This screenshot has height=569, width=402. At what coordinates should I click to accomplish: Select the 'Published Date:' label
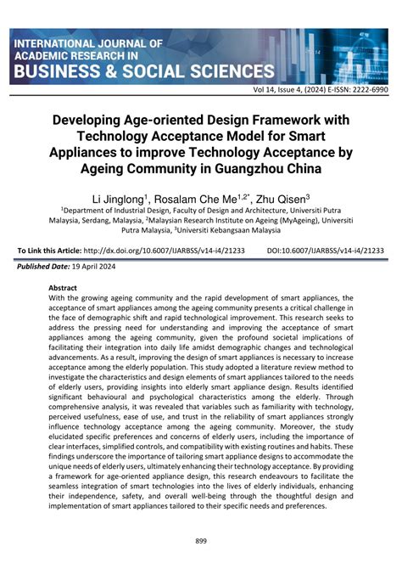tap(42, 267)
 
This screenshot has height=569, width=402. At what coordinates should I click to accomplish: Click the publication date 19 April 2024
tap(101, 267)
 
